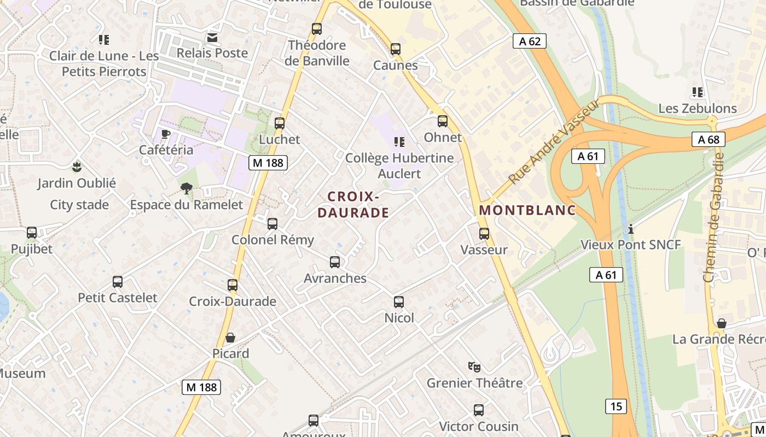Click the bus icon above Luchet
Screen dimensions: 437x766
(280, 123)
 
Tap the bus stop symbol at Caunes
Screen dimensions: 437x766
(396, 49)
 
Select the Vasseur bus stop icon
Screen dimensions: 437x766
(484, 234)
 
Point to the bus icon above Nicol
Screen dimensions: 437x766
(399, 302)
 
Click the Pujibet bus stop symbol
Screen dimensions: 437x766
(32, 233)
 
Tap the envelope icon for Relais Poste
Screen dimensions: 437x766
(212, 38)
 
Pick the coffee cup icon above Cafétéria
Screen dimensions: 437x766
(166, 134)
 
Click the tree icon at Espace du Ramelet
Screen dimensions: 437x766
(187, 189)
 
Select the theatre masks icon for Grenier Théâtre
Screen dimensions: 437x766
(474, 367)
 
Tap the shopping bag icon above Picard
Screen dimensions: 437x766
(230, 338)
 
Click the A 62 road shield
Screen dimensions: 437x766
(530, 41)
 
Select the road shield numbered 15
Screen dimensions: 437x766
(616, 406)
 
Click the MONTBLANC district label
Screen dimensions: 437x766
(527, 210)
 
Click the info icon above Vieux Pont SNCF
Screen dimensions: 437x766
(631, 229)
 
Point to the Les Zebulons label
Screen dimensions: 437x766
(698, 108)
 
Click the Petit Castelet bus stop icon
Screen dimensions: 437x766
(118, 282)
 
